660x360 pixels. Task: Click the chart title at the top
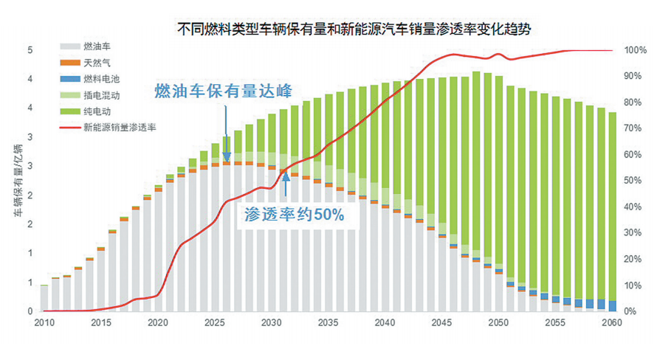pyautogui.click(x=354, y=30)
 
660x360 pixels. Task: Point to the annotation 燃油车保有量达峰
pyautogui.click(x=223, y=91)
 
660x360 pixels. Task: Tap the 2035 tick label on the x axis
pyautogui.click(x=329, y=323)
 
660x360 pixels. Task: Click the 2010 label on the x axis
pyautogui.click(x=44, y=323)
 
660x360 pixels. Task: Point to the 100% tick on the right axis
pyautogui.click(x=636, y=50)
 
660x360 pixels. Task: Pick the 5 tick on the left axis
pyautogui.click(x=30, y=50)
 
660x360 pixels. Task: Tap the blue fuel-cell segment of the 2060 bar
pyautogui.click(x=612, y=306)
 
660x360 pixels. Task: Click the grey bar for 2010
pyautogui.click(x=44, y=298)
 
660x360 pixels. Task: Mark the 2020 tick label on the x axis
pyautogui.click(x=158, y=323)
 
